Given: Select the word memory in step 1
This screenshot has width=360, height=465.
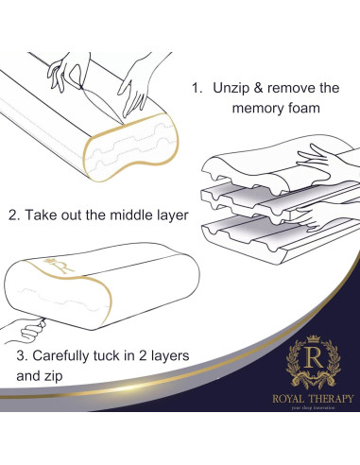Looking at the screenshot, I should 260,108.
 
